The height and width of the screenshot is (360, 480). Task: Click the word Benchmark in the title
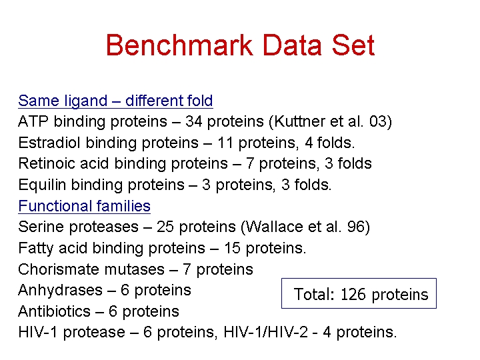pyautogui.click(x=179, y=45)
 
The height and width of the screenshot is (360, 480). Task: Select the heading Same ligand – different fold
pyautogui.click(x=115, y=101)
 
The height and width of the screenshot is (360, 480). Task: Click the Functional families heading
pyautogui.click(x=84, y=206)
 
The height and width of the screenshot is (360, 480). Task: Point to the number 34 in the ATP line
pyautogui.click(x=194, y=121)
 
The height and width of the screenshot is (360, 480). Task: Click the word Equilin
pyautogui.click(x=42, y=185)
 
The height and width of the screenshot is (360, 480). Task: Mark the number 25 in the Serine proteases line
pyautogui.click(x=165, y=227)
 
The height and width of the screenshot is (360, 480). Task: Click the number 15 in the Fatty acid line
pyautogui.click(x=233, y=248)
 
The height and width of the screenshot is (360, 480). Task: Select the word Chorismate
pyautogui.click(x=59, y=269)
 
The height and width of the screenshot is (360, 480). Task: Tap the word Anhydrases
pyautogui.click(x=60, y=290)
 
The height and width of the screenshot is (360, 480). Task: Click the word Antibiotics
pyautogui.click(x=54, y=311)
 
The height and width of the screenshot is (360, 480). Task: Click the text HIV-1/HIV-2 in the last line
pyautogui.click(x=266, y=332)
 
